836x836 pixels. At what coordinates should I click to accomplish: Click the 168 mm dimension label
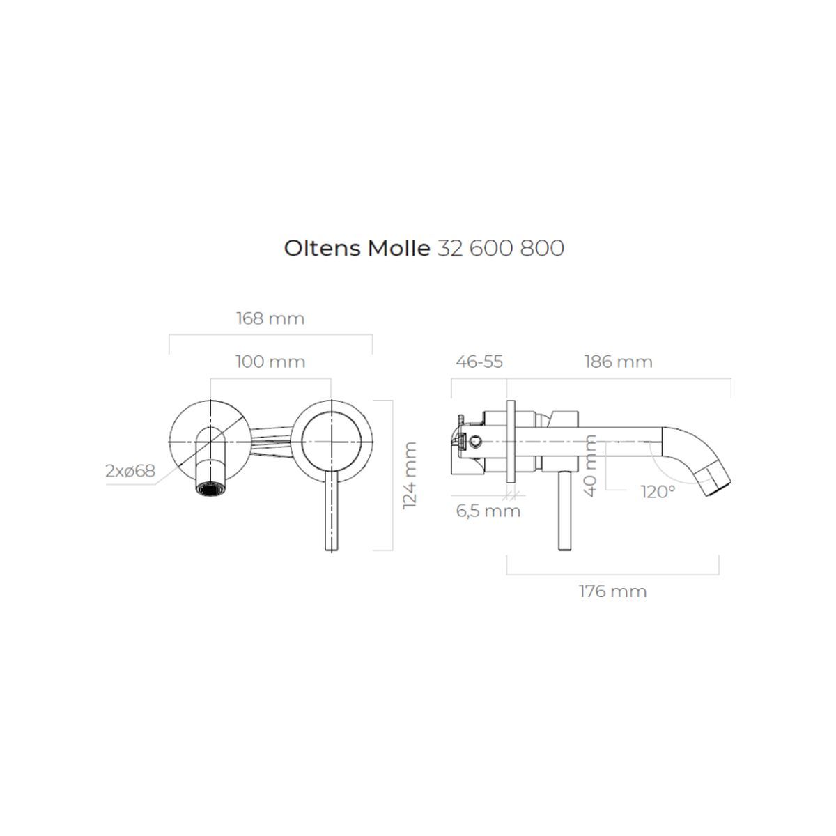tap(270, 318)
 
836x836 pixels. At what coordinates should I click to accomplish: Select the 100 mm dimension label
tap(270, 362)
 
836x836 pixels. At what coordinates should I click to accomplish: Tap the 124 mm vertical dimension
tap(410, 475)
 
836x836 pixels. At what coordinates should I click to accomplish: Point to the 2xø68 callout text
tap(130, 471)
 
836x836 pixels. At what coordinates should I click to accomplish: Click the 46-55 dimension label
tap(479, 362)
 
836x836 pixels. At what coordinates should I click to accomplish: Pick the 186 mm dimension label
tap(618, 362)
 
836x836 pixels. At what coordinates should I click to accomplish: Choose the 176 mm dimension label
tap(612, 591)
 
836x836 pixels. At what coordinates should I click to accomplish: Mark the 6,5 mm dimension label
tap(488, 511)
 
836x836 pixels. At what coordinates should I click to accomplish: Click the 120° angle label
tap(658, 492)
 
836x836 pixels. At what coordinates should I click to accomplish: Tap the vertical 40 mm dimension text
tap(591, 465)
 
